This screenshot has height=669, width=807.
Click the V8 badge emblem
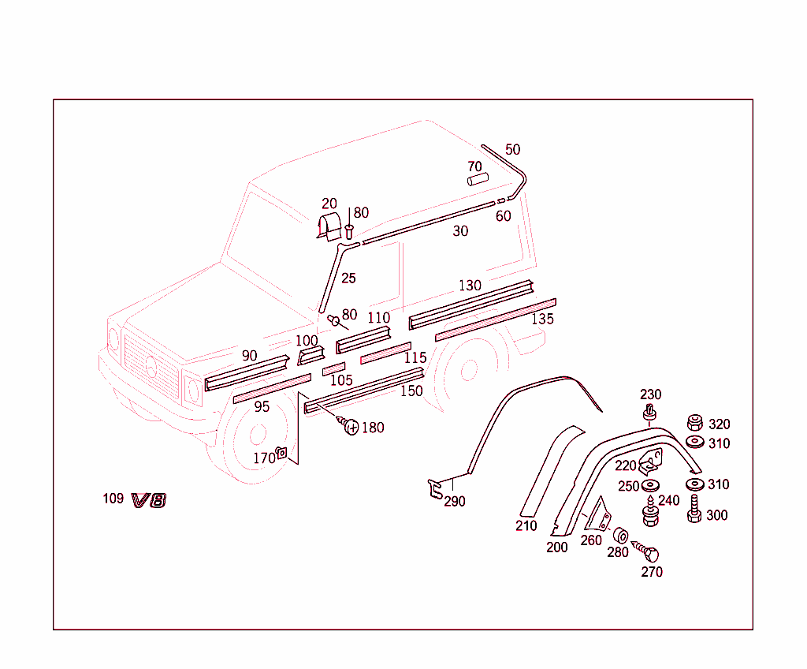pyautogui.click(x=149, y=499)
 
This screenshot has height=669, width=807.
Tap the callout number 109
pyautogui.click(x=113, y=498)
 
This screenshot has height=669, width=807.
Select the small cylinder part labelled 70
pyautogui.click(x=478, y=180)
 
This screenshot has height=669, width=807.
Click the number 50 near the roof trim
pyautogui.click(x=512, y=149)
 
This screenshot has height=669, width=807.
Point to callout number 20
pyautogui.click(x=329, y=204)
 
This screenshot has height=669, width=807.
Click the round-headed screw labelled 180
pyautogui.click(x=350, y=427)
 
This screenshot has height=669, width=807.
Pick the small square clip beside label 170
pyautogui.click(x=281, y=453)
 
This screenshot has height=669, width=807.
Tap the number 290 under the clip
pyautogui.click(x=455, y=502)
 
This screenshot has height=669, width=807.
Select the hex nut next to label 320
pyautogui.click(x=695, y=422)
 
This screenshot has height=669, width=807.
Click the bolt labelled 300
pyautogui.click(x=694, y=510)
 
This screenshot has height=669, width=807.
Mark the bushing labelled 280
pyautogui.click(x=619, y=534)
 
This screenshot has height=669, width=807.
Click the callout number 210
pyautogui.click(x=526, y=525)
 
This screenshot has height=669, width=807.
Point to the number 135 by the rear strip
pyautogui.click(x=542, y=320)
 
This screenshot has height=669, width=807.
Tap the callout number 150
pyautogui.click(x=411, y=391)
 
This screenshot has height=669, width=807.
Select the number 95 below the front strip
pyautogui.click(x=262, y=407)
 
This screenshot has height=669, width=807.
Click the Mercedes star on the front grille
pyautogui.click(x=151, y=368)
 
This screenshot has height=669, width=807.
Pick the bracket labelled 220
pyautogui.click(x=650, y=460)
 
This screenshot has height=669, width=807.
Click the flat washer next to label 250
pyautogui.click(x=651, y=484)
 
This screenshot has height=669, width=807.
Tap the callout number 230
pyautogui.click(x=650, y=394)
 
